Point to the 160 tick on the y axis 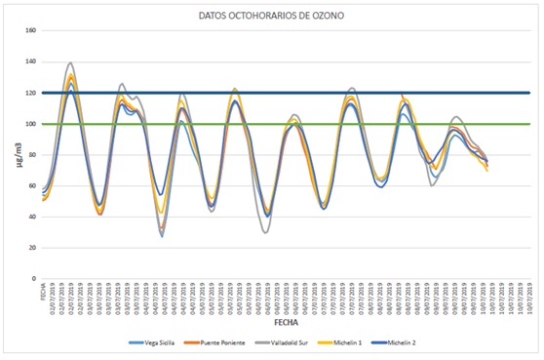pos(30,30)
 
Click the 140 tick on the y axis pos(30,61)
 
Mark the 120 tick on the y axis pos(30,93)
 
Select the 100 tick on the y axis pos(30,124)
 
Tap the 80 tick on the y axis pos(32,154)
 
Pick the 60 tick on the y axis pos(32,185)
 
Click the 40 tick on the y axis pos(32,217)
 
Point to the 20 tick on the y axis pos(32,248)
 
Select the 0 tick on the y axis pos(34,279)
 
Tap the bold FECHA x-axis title pos(286,321)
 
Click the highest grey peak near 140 pos(70,63)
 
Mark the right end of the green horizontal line pos(529,124)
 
